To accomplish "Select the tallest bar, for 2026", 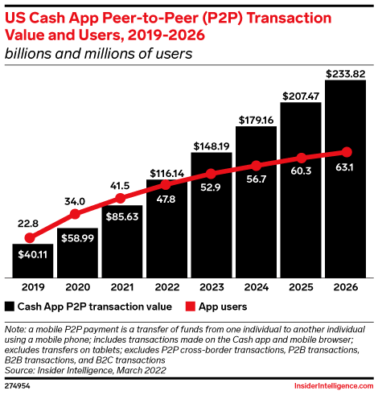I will click(347, 177).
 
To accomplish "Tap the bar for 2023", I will click(212, 213).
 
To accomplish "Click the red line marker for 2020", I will click(76, 214).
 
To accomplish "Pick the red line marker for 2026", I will click(347, 151).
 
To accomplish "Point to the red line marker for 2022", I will click(166, 183).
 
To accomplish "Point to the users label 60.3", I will click(302, 171).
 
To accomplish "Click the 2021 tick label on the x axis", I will click(121, 286).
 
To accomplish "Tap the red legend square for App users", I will click(190, 307).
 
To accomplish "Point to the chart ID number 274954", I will click(17, 386).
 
